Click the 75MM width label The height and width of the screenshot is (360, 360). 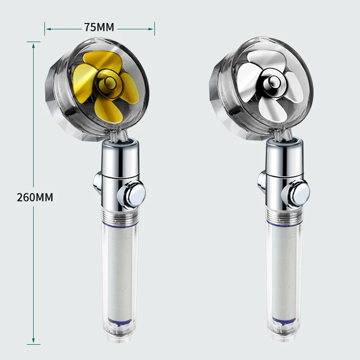(x=99, y=27)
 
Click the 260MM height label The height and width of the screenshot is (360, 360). (x=35, y=197)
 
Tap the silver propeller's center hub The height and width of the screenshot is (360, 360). (x=274, y=81)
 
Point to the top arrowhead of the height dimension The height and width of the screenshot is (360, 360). (x=33, y=46)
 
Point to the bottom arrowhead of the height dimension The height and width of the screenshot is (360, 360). (x=33, y=342)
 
